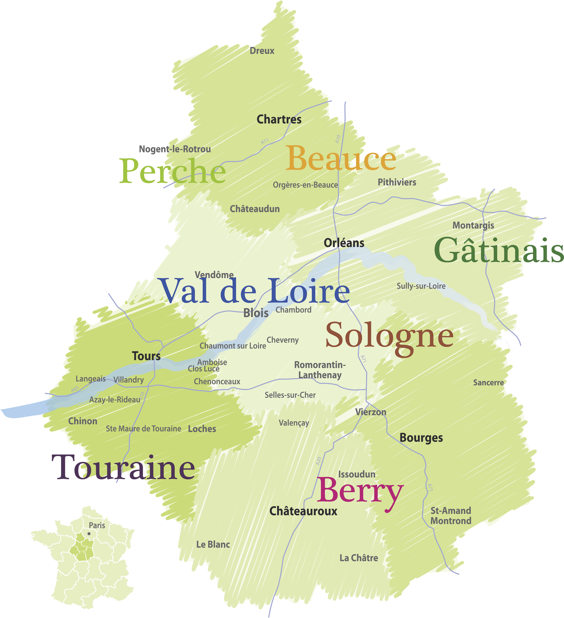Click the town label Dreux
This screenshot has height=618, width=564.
tap(262, 51)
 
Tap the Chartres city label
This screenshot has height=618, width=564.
tap(279, 119)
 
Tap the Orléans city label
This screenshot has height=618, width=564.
tap(344, 243)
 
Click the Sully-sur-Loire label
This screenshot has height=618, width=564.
tap(421, 286)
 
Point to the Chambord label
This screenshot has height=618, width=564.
tap(293, 310)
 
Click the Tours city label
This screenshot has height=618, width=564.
tap(146, 356)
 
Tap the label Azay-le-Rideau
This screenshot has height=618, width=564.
tap(115, 400)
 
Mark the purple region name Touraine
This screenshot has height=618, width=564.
tap(123, 468)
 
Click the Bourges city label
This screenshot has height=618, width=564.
tap(421, 438)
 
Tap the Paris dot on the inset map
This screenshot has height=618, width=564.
tap(89, 534)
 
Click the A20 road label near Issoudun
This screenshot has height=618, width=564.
tap(319, 461)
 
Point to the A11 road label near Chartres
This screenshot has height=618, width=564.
tap(265, 141)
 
